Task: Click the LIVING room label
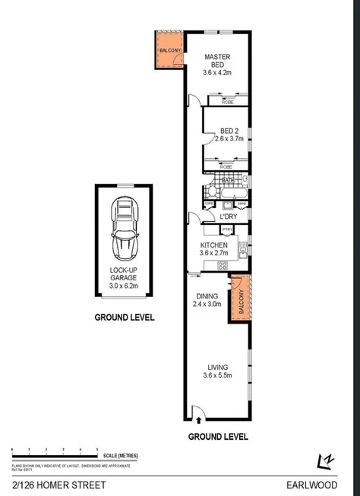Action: pos(217,370)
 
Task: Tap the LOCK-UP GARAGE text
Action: pos(122,279)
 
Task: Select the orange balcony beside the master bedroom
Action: pos(168,51)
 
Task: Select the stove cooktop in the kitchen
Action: pos(223,264)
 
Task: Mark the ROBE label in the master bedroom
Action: pos(226,101)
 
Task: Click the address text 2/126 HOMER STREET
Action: pos(47,484)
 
